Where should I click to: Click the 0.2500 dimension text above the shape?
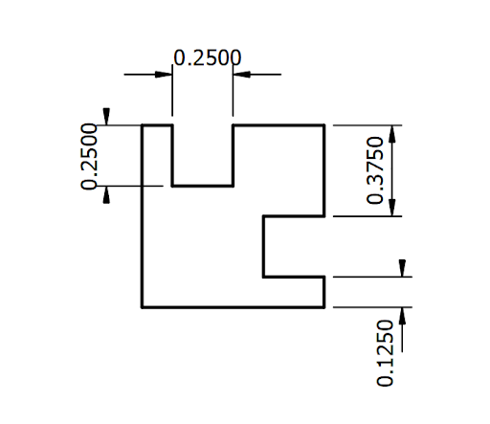pyautogui.click(x=204, y=57)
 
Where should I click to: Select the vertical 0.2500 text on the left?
pyautogui.click(x=92, y=157)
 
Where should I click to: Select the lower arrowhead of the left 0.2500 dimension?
pyautogui.click(x=108, y=192)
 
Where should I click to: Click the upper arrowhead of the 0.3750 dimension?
pyautogui.click(x=395, y=132)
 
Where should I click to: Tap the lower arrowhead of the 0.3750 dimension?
pyautogui.click(x=395, y=210)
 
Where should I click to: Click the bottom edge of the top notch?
pyautogui.click(x=203, y=185)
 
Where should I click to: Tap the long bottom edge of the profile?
pyautogui.click(x=234, y=307)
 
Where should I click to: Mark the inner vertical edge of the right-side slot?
pyautogui.click(x=264, y=247)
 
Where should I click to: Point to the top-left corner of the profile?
pyautogui.click(x=143, y=125)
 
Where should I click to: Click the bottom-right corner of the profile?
pyautogui.click(x=325, y=307)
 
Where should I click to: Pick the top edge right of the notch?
pyautogui.click(x=279, y=125)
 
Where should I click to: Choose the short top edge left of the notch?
pyautogui.click(x=157, y=125)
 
